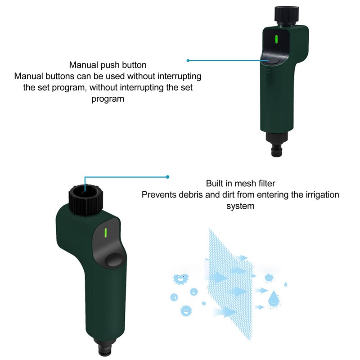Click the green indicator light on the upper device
(276, 40)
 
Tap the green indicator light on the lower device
(106, 233)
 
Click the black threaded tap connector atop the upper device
(287, 15)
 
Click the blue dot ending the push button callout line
(188, 61)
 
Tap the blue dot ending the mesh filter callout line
(167, 177)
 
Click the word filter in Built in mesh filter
(266, 184)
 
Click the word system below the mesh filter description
(240, 206)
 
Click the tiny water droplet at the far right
(286, 284)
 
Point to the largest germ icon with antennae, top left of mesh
(180, 279)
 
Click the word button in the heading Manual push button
(134, 65)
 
